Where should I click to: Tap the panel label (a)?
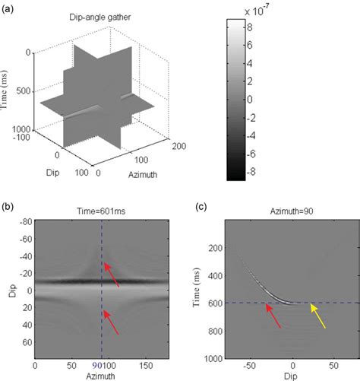(x=10, y=6)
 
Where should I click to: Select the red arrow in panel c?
(x=272, y=316)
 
